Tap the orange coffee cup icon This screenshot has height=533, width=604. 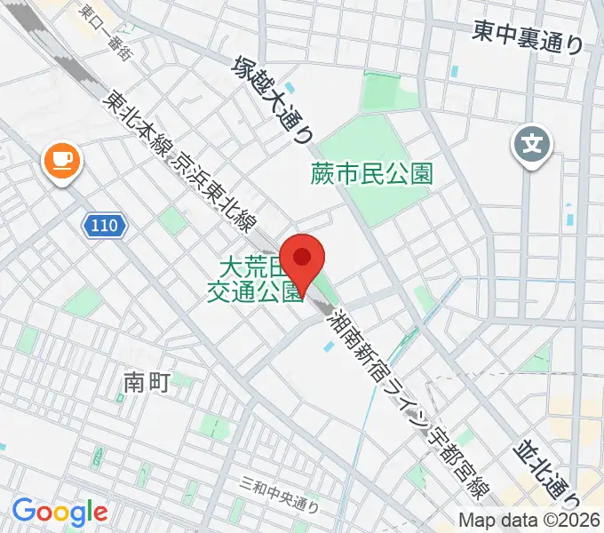pos(61,161)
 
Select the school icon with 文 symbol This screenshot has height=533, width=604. pos(532,141)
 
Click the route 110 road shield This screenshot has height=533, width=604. pos(105,227)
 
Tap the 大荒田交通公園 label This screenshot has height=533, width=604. pos(256,281)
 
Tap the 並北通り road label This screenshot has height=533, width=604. pos(547,466)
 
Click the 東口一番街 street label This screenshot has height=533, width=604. pos(104,31)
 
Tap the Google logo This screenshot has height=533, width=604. pos(60,512)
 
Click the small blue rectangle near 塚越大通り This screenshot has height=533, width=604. pos(455,70)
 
